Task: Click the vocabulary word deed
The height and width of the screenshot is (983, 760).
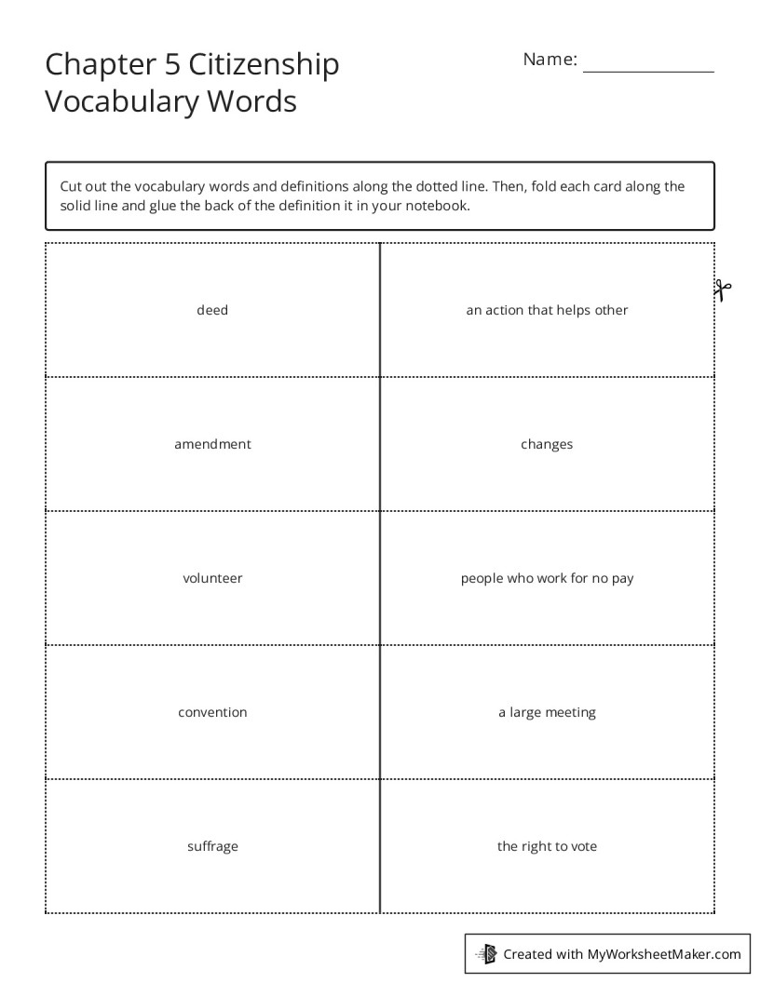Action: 212,310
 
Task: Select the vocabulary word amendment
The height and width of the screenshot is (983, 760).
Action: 212,444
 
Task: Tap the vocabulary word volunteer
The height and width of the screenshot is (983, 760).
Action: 212,578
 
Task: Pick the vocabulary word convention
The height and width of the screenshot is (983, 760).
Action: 212,712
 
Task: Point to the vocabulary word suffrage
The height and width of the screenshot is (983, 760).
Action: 212,846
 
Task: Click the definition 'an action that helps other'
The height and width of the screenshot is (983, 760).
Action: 547,310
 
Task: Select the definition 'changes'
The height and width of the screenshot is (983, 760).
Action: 547,444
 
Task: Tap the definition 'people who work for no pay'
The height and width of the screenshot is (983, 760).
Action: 547,578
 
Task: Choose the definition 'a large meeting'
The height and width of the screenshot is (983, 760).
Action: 547,712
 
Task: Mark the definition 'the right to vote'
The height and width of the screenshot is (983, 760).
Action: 547,846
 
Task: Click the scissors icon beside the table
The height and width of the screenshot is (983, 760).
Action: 723,290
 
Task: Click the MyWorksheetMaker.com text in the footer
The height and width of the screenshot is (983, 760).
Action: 664,953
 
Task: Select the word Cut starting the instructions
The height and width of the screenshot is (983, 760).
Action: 72,186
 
